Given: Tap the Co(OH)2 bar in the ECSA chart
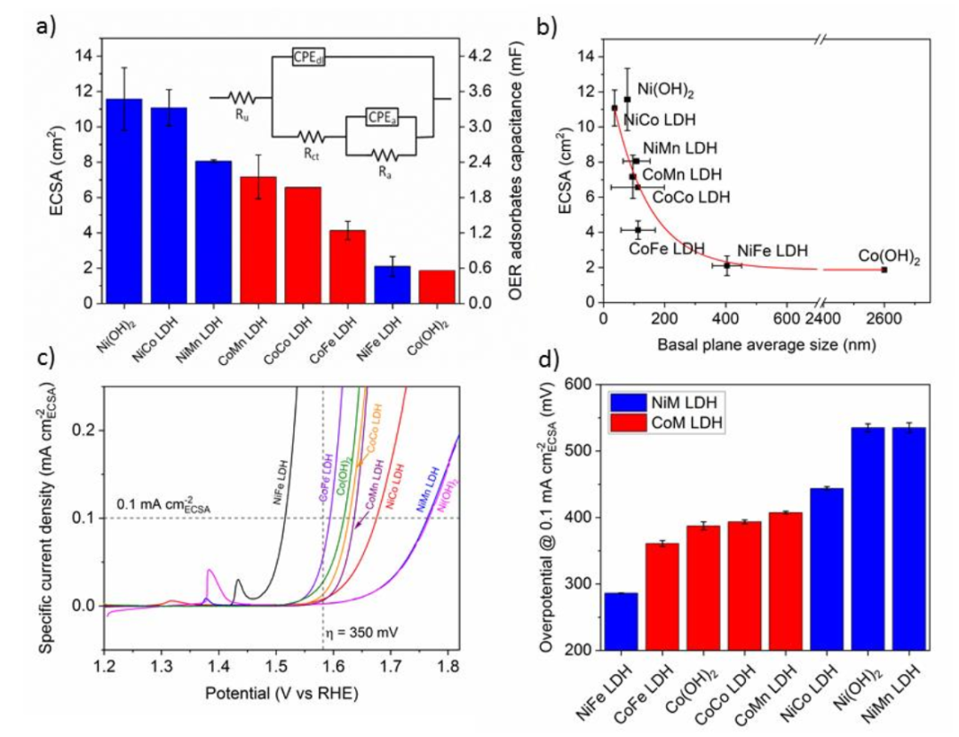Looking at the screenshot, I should click(x=436, y=286).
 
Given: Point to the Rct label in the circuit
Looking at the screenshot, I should click(x=309, y=154).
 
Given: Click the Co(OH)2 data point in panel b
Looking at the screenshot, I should click(x=884, y=269).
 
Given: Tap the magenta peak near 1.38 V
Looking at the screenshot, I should click(x=210, y=572).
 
